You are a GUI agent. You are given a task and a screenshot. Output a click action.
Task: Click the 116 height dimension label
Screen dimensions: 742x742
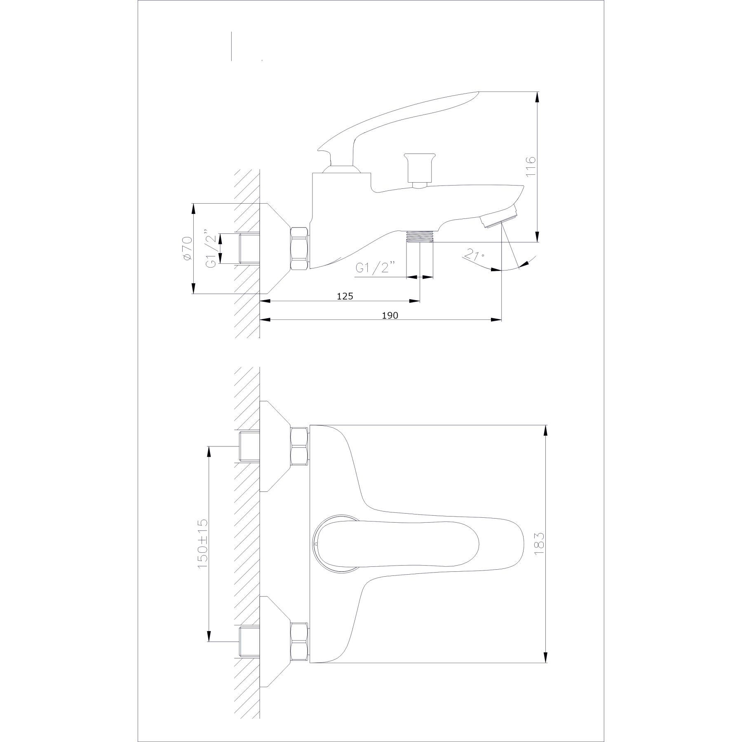[531, 166]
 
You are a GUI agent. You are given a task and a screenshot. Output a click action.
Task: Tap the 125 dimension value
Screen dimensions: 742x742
[345, 296]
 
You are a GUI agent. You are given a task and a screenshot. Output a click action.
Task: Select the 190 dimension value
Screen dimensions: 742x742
[390, 315]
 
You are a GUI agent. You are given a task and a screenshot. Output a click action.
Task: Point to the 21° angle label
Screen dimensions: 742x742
[474, 255]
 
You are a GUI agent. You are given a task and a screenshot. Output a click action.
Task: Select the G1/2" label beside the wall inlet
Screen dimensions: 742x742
[211, 249]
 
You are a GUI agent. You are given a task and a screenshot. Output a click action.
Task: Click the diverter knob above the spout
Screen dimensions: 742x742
[418, 169]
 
